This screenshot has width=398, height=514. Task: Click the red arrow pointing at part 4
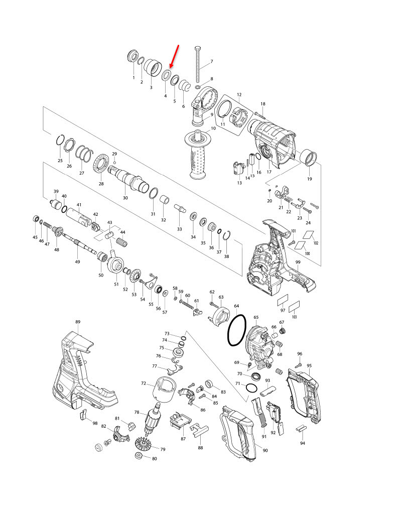[174, 57]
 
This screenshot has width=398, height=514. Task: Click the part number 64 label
[236, 306]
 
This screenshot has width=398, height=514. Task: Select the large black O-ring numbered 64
[237, 330]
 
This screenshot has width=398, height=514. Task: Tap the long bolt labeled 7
[198, 65]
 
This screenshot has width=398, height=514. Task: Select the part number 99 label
[298, 262]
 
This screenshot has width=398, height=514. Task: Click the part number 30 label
[125, 198]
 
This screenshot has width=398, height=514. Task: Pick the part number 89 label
[78, 322]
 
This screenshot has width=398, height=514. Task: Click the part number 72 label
[144, 383]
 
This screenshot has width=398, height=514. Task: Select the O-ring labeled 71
[251, 389]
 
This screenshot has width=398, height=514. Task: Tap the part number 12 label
[239, 95]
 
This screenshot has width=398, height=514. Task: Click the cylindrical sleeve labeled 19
[309, 158]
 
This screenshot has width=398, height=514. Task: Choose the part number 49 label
[77, 262]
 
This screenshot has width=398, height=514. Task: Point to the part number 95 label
[309, 365]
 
